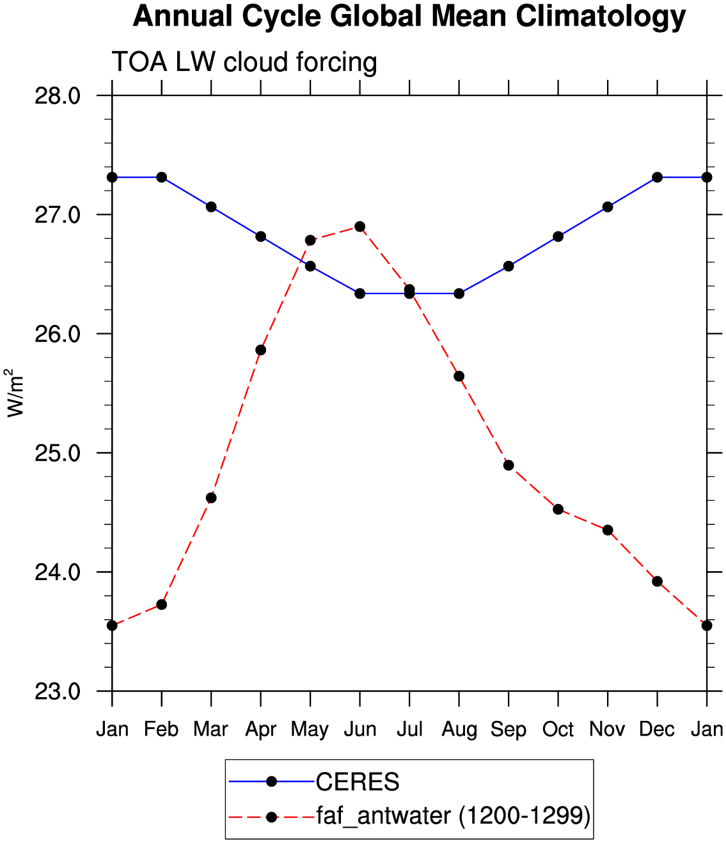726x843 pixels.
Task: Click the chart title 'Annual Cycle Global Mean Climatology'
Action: pos(409,17)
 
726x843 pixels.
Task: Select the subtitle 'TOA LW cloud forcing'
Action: pos(244,63)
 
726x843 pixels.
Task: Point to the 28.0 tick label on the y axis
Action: pos(58,97)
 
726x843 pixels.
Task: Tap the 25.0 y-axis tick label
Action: pos(58,453)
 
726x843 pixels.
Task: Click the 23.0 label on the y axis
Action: pos(58,691)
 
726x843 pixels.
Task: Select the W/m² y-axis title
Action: pos(15,393)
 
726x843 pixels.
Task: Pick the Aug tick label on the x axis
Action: pos(459,730)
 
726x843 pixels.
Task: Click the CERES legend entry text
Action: pos(358,782)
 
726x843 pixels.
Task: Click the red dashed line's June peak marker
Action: pos(359,226)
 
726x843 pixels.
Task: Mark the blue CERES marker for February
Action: pos(162,177)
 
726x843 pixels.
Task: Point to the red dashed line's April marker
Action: pos(260,350)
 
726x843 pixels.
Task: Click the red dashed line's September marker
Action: pos(509,465)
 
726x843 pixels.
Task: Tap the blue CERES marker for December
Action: pos(657,177)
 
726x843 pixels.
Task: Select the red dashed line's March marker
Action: pos(211,498)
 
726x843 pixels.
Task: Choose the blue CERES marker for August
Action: pos(459,293)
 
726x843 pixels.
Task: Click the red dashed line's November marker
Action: pos(608,530)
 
